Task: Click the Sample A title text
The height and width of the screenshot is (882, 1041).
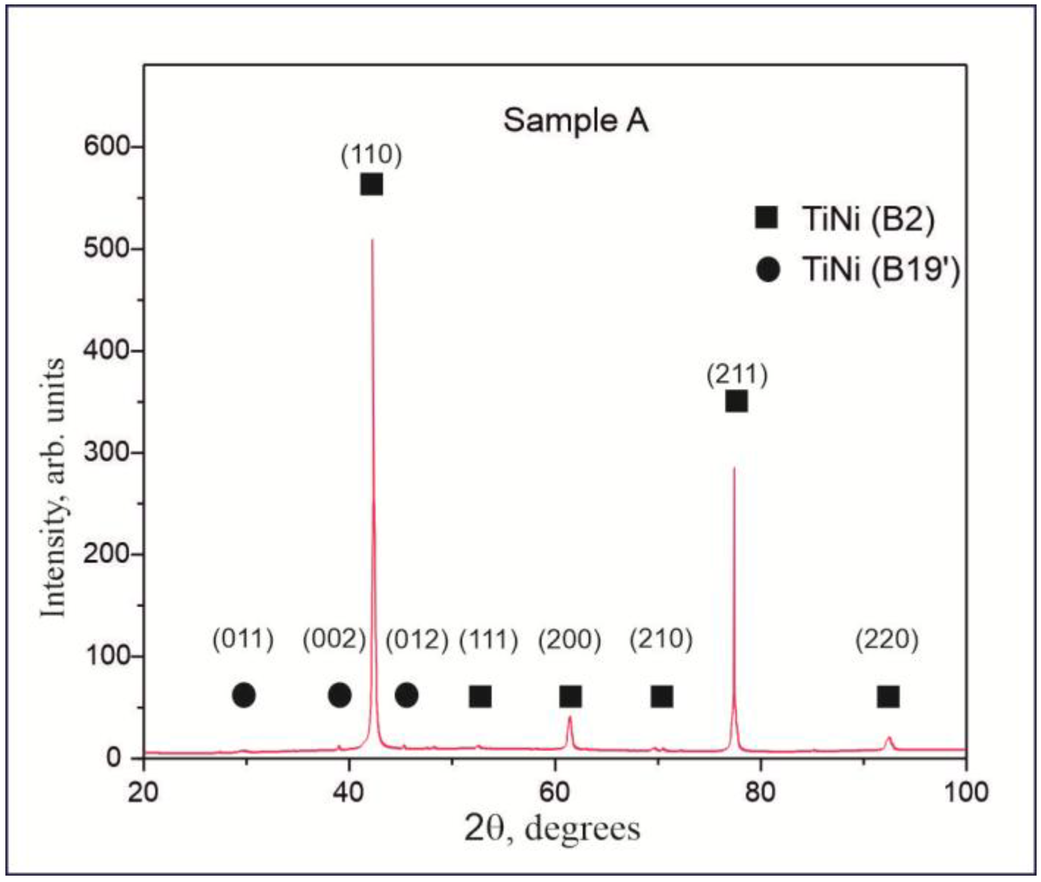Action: click(x=576, y=121)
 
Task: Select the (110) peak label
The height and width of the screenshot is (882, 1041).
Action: click(x=371, y=155)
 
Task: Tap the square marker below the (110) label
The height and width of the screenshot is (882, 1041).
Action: click(x=372, y=185)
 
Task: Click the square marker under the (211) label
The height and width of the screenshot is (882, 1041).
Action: click(x=736, y=402)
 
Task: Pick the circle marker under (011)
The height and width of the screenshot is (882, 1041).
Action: click(x=244, y=695)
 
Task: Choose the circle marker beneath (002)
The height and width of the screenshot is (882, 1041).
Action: click(x=340, y=695)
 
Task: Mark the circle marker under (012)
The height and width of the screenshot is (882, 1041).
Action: click(x=406, y=695)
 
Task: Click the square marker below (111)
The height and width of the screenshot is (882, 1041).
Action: click(x=480, y=696)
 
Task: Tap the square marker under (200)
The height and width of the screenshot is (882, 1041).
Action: click(x=570, y=696)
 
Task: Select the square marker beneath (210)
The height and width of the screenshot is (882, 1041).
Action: click(x=661, y=696)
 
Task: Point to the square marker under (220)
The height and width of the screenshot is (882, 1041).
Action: click(x=888, y=696)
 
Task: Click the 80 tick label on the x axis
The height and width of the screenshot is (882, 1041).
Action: click(x=760, y=793)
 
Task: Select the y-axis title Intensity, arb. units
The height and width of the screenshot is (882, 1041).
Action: click(x=53, y=488)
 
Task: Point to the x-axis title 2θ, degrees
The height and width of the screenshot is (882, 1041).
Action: click(x=552, y=829)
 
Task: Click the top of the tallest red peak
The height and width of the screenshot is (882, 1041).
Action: click(x=372, y=241)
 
